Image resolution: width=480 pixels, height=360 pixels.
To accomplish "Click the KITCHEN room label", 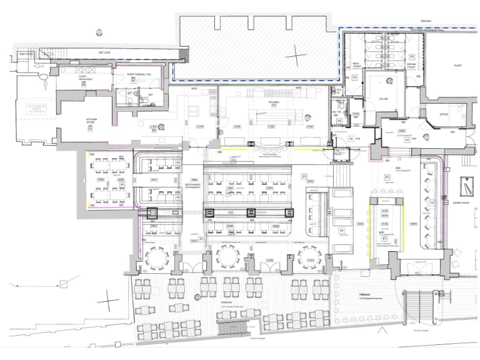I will (x=272, y=101).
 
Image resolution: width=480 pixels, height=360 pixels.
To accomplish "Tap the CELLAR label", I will (x=384, y=99).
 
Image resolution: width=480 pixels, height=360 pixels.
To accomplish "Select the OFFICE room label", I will (x=444, y=114).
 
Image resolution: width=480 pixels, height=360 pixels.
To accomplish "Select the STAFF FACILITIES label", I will (x=84, y=81).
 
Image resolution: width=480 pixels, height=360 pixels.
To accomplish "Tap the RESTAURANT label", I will (x=192, y=186).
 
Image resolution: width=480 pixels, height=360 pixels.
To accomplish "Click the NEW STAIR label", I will (x=26, y=54).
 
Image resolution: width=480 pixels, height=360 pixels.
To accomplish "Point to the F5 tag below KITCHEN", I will (x=273, y=105).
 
